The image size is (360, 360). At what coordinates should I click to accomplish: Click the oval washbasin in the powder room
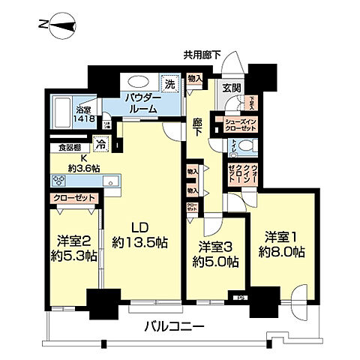coord(138,83)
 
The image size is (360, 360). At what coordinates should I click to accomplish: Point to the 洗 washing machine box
coord(170,83)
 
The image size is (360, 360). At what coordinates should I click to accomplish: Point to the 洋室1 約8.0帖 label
coord(281,245)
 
